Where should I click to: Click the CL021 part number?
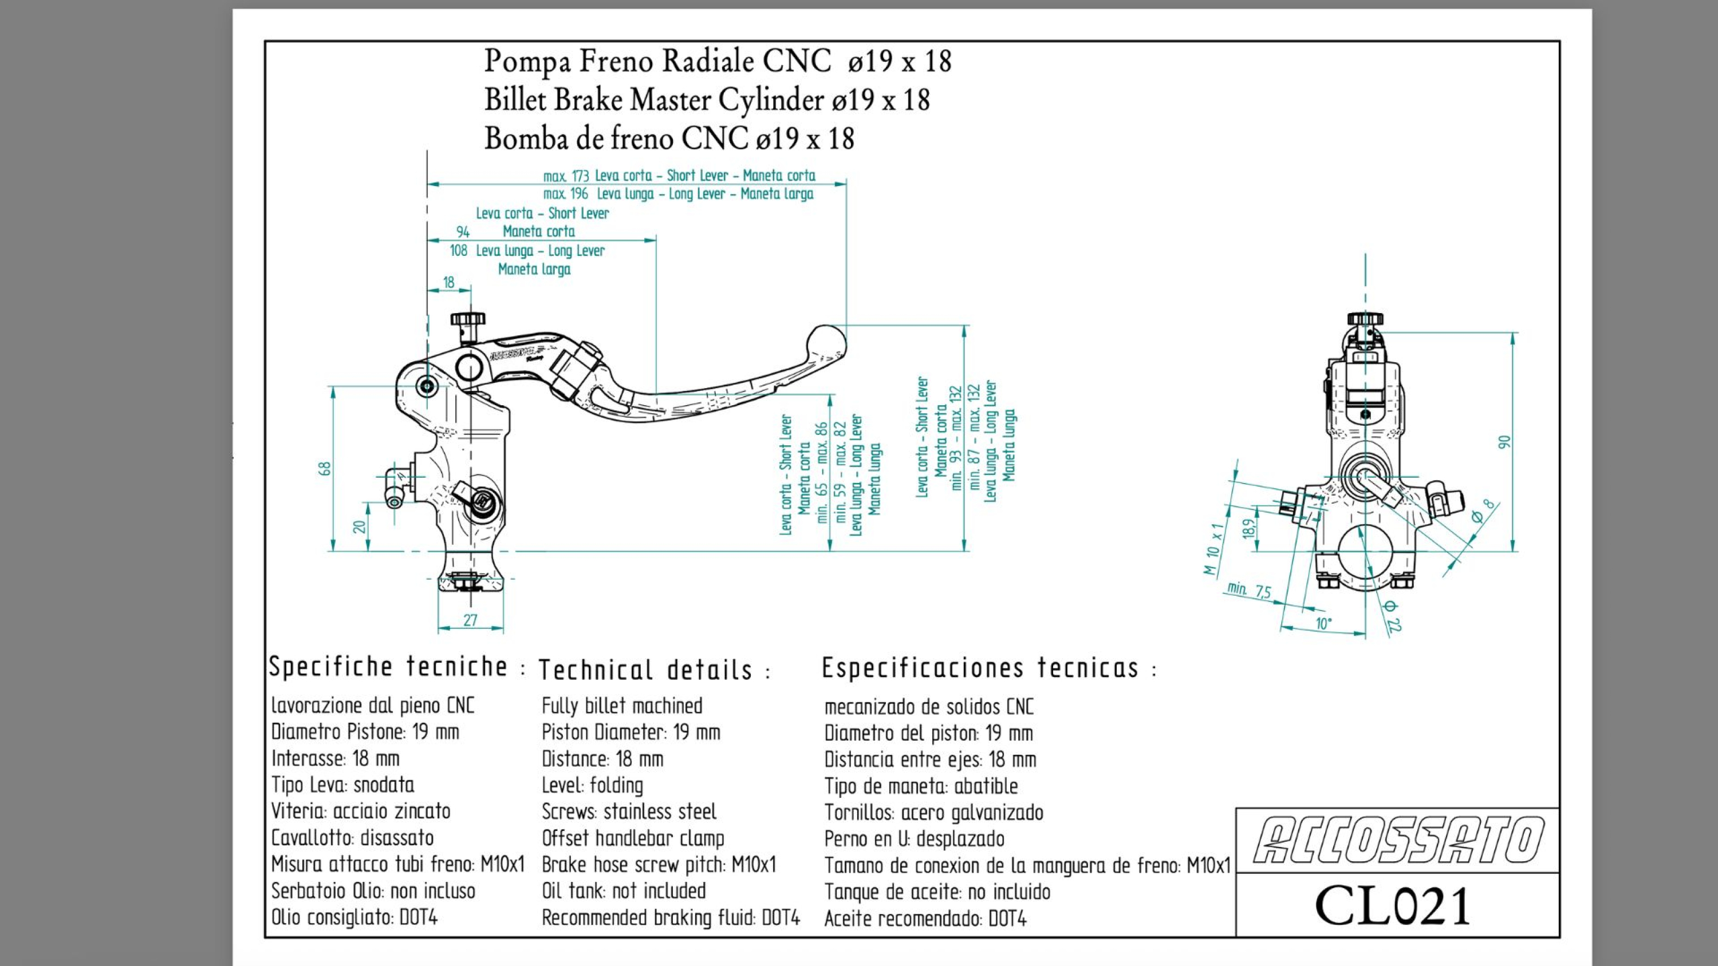click(1393, 906)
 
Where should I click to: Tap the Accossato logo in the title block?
click(1398, 840)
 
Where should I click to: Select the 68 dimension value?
click(325, 469)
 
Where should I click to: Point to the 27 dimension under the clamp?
click(470, 620)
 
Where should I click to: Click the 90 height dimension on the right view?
click(1504, 442)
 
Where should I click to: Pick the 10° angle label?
click(1323, 624)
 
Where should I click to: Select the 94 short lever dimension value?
click(463, 232)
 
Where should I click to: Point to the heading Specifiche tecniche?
click(389, 667)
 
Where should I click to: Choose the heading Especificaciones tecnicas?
click(980, 668)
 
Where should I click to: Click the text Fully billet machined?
click(621, 706)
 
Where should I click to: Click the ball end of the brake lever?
click(827, 343)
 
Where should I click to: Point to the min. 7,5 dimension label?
click(1249, 591)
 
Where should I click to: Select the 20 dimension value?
click(360, 527)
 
